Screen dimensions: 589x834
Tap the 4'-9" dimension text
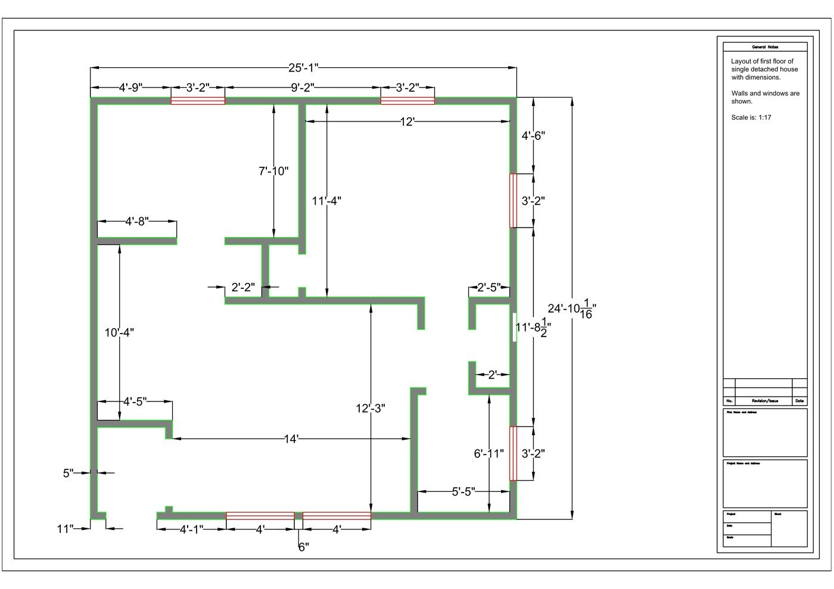pyautogui.click(x=130, y=88)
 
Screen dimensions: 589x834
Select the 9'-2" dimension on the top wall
pyautogui.click(x=303, y=88)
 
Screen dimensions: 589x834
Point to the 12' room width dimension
pyautogui.click(x=407, y=122)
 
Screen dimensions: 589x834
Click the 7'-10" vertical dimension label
pyautogui.click(x=273, y=172)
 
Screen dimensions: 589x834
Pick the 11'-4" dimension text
pyautogui.click(x=326, y=201)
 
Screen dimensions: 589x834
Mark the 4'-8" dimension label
pyautogui.click(x=137, y=222)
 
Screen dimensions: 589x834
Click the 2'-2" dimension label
pyautogui.click(x=243, y=288)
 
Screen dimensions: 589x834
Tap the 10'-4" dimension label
pyautogui.click(x=119, y=333)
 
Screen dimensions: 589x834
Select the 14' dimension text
pyautogui.click(x=291, y=440)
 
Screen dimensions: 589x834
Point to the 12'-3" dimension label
pyautogui.click(x=371, y=409)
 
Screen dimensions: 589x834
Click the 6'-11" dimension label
pyautogui.click(x=488, y=454)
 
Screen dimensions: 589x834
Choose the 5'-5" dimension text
pyautogui.click(x=463, y=492)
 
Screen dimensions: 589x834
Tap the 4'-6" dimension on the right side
pyautogui.click(x=533, y=136)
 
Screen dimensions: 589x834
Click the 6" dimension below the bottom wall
pyautogui.click(x=303, y=547)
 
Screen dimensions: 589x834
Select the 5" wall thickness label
pyautogui.click(x=69, y=473)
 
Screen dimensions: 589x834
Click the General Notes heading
pyautogui.click(x=765, y=47)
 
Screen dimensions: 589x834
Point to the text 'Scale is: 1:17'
pyautogui.click(x=751, y=117)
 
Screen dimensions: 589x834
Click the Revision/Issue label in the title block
pyautogui.click(x=764, y=401)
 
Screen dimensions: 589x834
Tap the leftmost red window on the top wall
pyautogui.click(x=198, y=101)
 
